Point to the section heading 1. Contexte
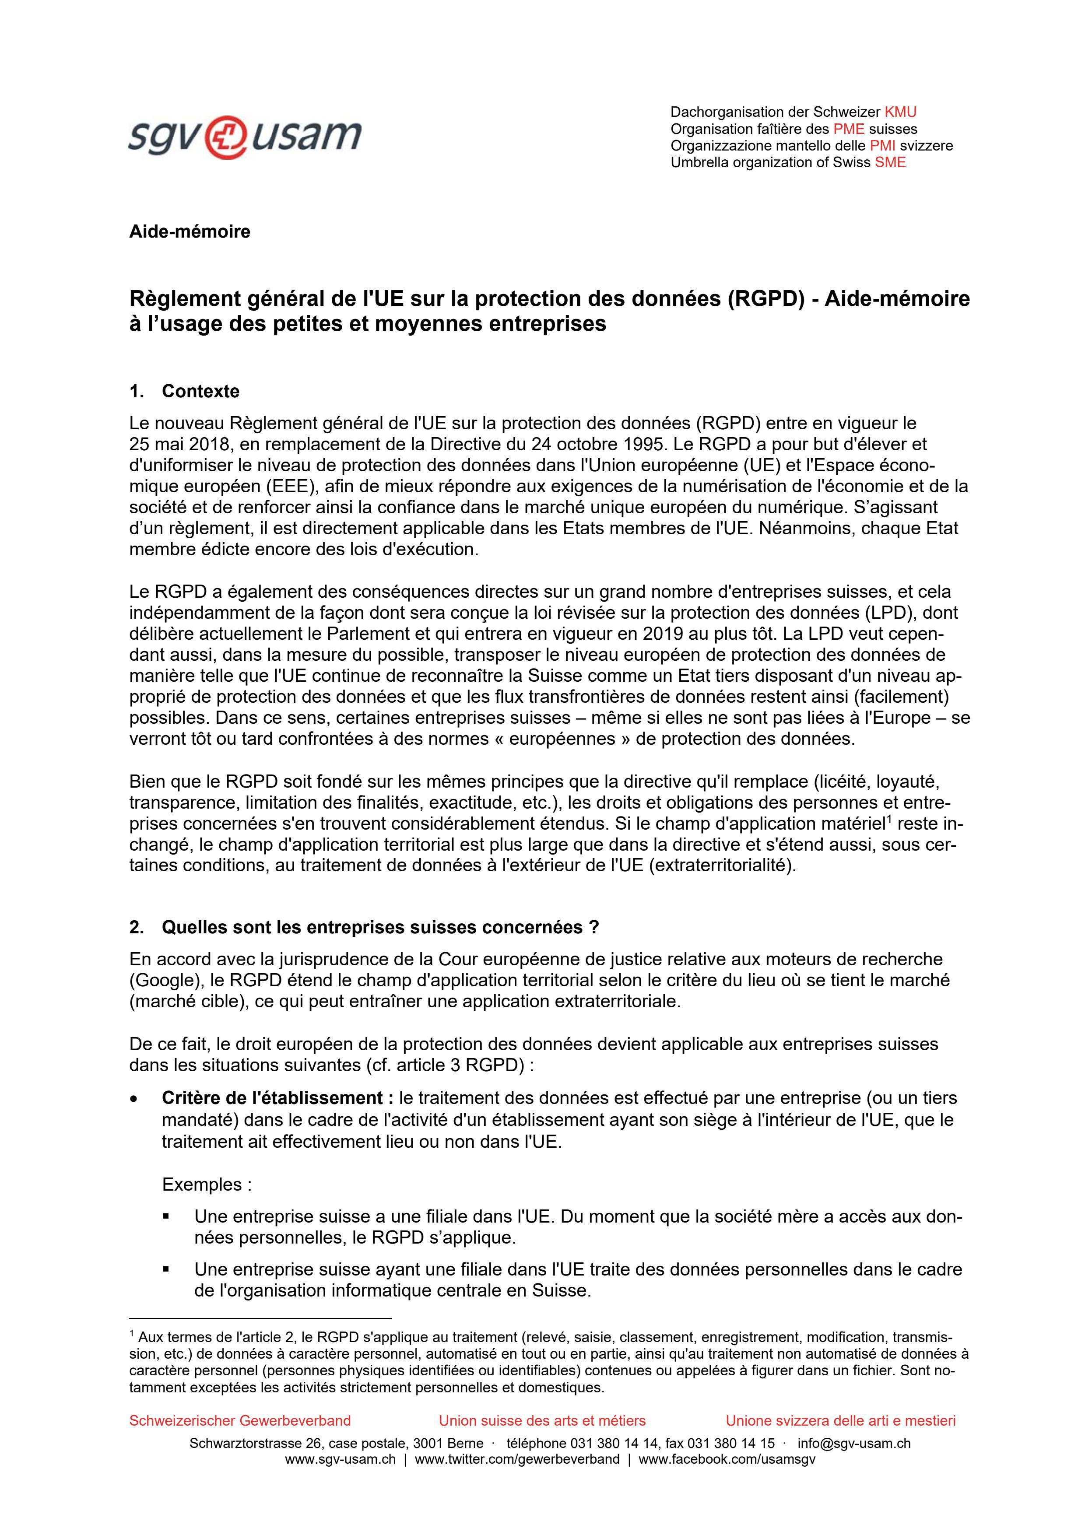(185, 391)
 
